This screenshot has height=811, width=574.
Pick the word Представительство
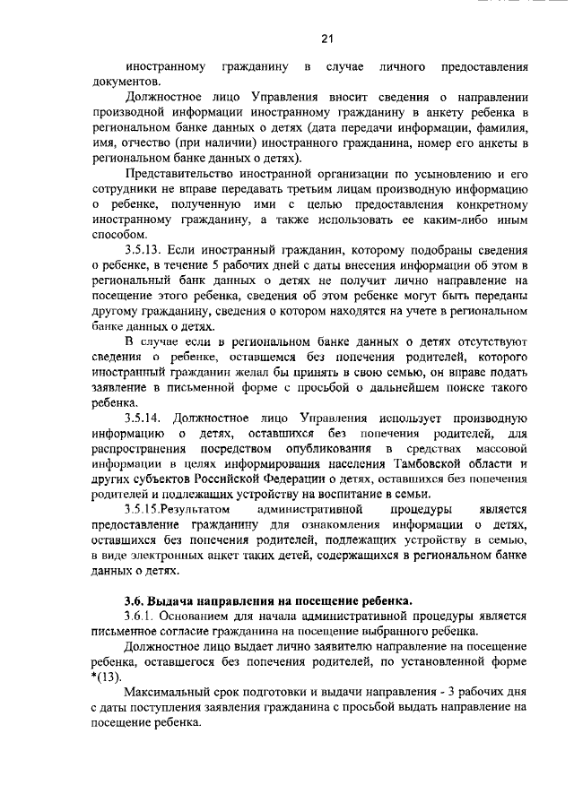click(179, 174)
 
